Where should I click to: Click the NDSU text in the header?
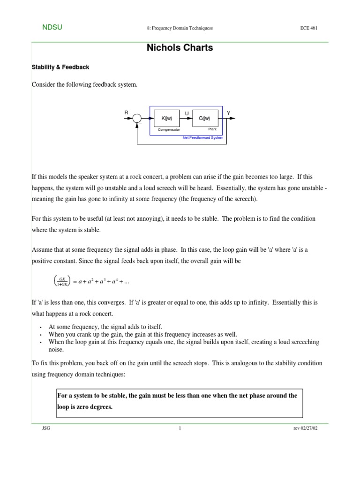pyautogui.click(x=52, y=28)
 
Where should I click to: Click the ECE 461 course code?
pyautogui.click(x=308, y=28)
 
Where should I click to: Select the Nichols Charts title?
pyautogui.click(x=180, y=47)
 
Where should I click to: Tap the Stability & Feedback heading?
pyautogui.click(x=60, y=67)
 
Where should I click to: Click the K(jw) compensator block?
pyautogui.click(x=166, y=118)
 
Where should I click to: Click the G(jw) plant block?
pyautogui.click(x=205, y=118)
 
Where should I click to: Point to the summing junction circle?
pyautogui.click(x=137, y=119)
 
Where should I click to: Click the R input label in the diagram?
pyautogui.click(x=126, y=113)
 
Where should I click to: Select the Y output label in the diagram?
pyautogui.click(x=228, y=113)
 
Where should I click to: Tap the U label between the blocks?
pyautogui.click(x=187, y=113)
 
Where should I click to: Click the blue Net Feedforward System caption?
pyautogui.click(x=202, y=138)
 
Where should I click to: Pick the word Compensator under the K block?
pyautogui.click(x=169, y=129)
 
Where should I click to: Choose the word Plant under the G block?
pyautogui.click(x=212, y=129)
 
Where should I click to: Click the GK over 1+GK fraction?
pyautogui.click(x=62, y=281)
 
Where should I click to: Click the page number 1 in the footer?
pyautogui.click(x=180, y=428)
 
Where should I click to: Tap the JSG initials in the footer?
pyautogui.click(x=46, y=428)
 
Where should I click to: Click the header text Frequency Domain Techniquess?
pyautogui.click(x=180, y=28)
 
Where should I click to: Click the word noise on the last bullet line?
pyautogui.click(x=56, y=350)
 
